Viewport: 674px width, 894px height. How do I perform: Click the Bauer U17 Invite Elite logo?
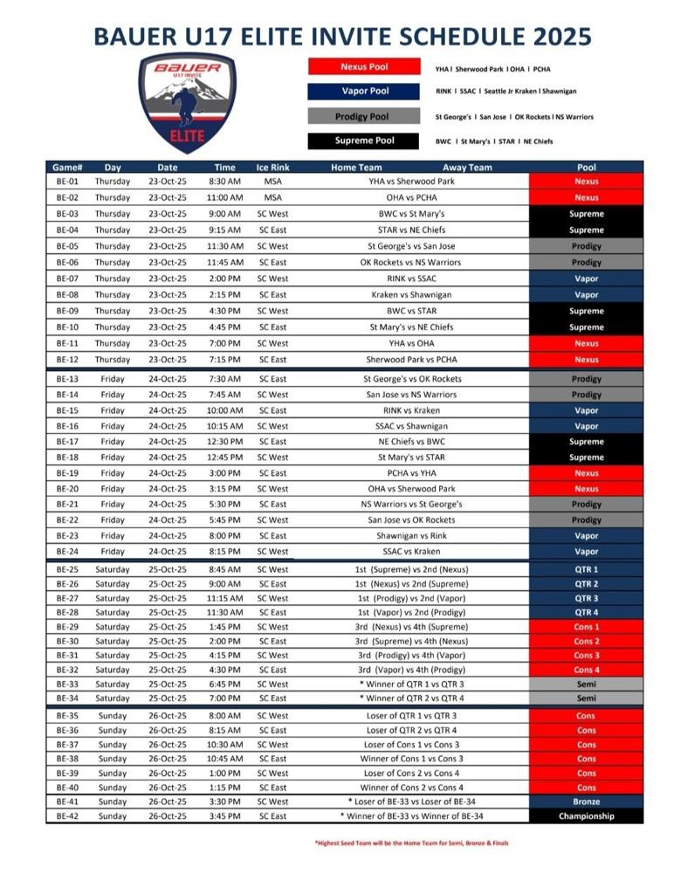189,102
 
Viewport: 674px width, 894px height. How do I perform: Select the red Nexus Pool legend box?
365,67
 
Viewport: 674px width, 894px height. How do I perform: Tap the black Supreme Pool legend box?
365,141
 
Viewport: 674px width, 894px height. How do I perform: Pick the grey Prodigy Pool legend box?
365,116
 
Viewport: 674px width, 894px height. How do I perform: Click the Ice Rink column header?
272,168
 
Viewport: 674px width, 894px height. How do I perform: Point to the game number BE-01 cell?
67,182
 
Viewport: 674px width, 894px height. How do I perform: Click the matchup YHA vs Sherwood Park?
411,182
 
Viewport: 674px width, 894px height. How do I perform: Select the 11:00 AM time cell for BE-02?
224,198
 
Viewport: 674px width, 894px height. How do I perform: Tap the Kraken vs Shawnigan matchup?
411,295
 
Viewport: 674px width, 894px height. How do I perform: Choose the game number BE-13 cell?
67,379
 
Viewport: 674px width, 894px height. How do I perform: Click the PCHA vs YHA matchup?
411,473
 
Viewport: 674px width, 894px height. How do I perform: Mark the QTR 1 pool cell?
586,569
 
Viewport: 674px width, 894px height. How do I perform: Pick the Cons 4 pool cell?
586,670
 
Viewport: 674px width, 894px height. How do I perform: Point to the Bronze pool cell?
586,801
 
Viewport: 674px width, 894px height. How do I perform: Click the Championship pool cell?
586,816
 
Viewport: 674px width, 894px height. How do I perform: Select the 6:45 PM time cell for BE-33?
224,684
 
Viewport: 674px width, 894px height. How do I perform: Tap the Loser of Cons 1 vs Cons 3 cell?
411,744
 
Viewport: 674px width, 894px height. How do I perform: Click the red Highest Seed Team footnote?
411,843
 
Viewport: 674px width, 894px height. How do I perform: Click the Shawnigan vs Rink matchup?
411,536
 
